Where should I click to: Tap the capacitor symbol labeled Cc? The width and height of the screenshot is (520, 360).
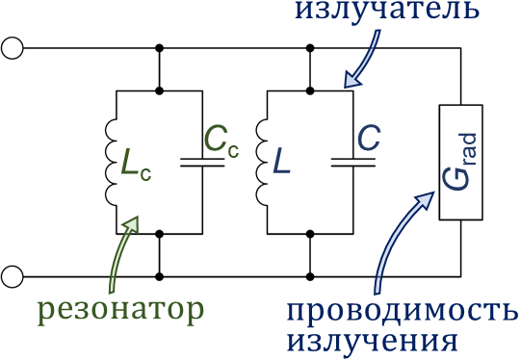[202, 162]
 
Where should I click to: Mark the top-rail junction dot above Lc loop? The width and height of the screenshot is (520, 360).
[158, 47]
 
